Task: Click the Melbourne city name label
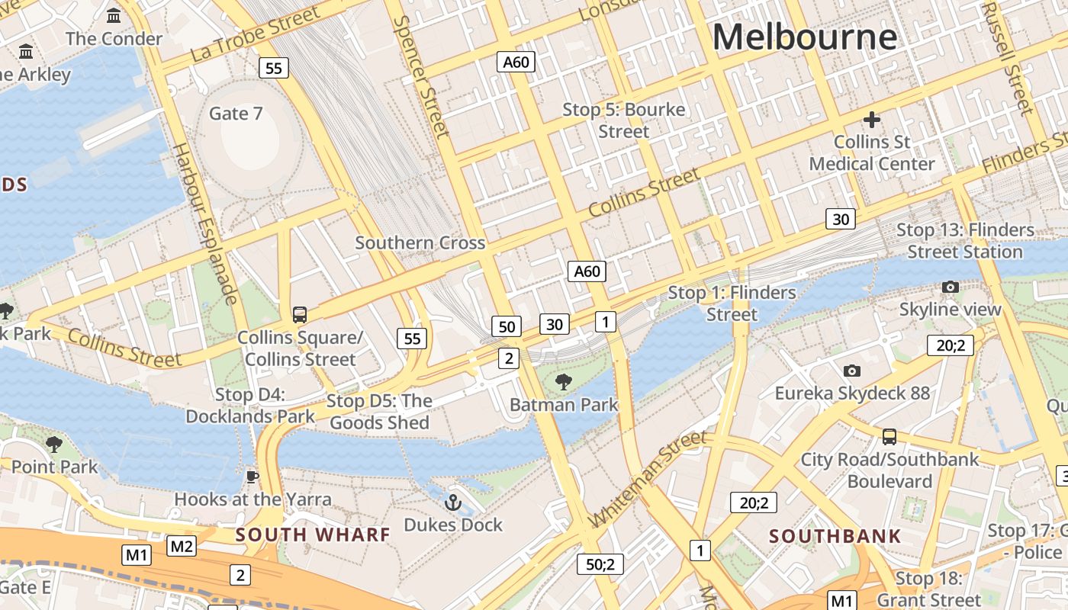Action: click(x=805, y=37)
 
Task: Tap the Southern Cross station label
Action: click(x=420, y=243)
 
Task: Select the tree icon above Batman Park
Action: click(x=564, y=382)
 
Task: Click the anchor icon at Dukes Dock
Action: click(x=453, y=502)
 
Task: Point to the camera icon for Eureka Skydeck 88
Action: click(x=852, y=371)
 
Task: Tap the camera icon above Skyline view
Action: click(x=950, y=287)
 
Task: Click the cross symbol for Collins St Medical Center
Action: click(x=871, y=120)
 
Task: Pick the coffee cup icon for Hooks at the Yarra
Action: click(x=253, y=477)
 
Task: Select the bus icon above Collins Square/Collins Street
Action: click(x=300, y=314)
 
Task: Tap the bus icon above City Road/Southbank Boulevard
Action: click(x=889, y=437)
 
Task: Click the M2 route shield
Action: click(x=182, y=546)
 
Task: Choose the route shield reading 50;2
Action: click(x=600, y=564)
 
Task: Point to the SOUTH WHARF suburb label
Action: click(x=313, y=535)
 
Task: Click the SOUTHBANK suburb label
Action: click(x=835, y=536)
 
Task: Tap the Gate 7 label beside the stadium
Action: click(x=236, y=114)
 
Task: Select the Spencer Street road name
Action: click(x=420, y=76)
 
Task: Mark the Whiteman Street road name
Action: click(x=648, y=478)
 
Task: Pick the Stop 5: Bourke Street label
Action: click(x=624, y=120)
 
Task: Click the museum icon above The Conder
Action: click(x=114, y=15)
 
